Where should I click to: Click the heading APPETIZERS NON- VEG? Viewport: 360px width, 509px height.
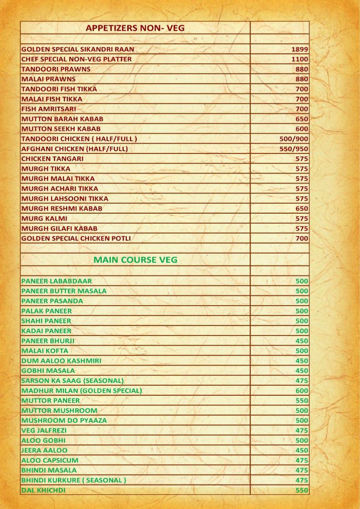click(x=135, y=28)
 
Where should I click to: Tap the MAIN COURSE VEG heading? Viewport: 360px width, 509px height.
click(x=135, y=260)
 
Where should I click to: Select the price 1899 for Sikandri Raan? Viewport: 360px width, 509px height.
click(x=300, y=49)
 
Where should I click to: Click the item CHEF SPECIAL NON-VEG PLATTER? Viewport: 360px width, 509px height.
click(x=77, y=59)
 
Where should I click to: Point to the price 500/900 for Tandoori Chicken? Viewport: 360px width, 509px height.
click(x=294, y=139)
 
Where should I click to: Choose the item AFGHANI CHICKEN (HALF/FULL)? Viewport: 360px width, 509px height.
click(x=75, y=149)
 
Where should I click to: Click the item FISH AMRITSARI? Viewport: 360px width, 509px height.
click(x=48, y=109)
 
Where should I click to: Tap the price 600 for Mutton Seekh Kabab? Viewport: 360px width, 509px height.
click(x=302, y=129)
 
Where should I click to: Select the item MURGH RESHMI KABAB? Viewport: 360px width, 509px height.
click(x=62, y=209)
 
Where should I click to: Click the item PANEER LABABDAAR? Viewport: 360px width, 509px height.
click(x=57, y=281)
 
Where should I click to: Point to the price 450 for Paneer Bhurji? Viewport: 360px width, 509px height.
click(x=302, y=341)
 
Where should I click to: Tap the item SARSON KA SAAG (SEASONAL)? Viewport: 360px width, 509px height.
click(x=72, y=381)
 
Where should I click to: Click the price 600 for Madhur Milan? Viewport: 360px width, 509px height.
click(x=302, y=391)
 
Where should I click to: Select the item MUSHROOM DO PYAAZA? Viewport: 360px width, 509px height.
click(x=64, y=421)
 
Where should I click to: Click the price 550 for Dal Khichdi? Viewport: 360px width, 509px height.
click(x=302, y=490)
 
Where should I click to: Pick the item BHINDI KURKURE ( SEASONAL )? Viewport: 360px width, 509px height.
click(x=73, y=480)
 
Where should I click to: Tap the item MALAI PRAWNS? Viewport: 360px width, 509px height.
click(x=48, y=79)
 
